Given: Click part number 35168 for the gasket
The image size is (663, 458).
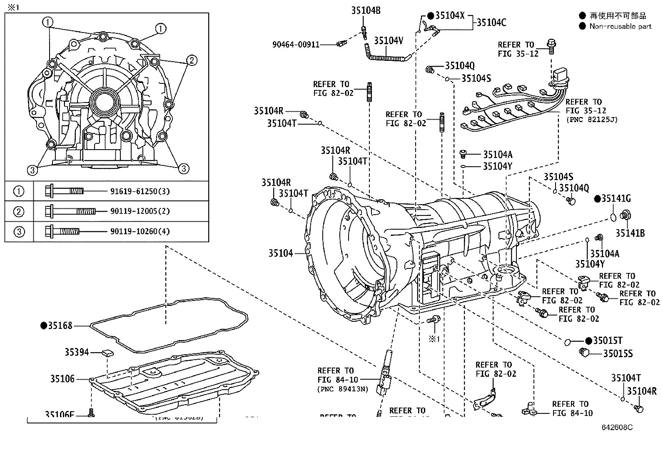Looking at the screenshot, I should pyautogui.click(x=60, y=325).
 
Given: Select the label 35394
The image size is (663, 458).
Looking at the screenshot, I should pyautogui.click(x=77, y=352).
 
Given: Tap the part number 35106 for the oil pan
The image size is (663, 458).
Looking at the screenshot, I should pyautogui.click(x=62, y=379).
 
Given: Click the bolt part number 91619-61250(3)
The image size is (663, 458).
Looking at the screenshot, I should pyautogui.click(x=140, y=191).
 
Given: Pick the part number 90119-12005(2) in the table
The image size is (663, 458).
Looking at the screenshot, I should pyautogui.click(x=140, y=211).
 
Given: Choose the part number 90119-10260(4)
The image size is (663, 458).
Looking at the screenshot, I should pyautogui.click(x=140, y=231).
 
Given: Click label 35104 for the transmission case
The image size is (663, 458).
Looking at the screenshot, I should pyautogui.click(x=280, y=253).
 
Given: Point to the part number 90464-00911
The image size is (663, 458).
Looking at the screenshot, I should pyautogui.click(x=296, y=44).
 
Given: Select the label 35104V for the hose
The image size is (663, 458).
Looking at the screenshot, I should pyautogui.click(x=388, y=40).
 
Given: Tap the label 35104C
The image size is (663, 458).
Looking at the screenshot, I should pyautogui.click(x=491, y=23).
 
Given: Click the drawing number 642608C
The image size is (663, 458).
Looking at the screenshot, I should pyautogui.click(x=617, y=428).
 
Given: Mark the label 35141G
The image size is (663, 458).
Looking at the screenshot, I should pyautogui.click(x=616, y=199).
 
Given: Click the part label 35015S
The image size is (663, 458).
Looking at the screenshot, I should pyautogui.click(x=618, y=354).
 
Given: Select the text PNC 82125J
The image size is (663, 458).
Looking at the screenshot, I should pyautogui.click(x=591, y=120).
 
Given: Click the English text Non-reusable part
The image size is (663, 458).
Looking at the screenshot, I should pyautogui.click(x=620, y=26).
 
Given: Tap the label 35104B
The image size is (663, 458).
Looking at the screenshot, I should pyautogui.click(x=365, y=11).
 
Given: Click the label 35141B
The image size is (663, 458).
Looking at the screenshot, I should pyautogui.click(x=630, y=233).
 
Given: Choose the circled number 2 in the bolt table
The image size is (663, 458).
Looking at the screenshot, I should pyautogui.click(x=19, y=211).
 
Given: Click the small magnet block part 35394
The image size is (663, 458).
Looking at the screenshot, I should pyautogui.click(x=107, y=353).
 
